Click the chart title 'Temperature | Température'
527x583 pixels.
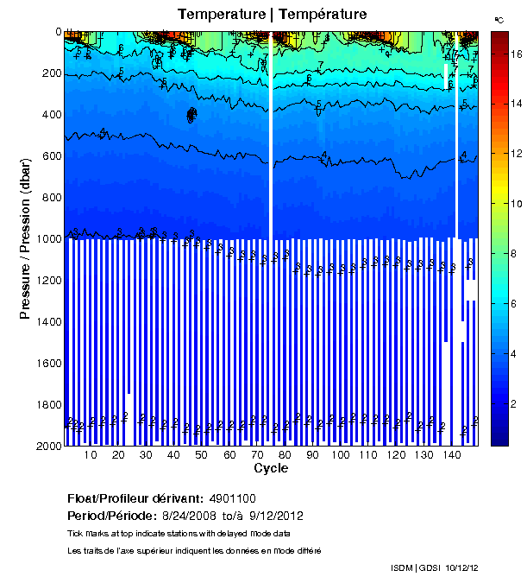[272, 14]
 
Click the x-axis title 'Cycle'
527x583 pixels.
[271, 469]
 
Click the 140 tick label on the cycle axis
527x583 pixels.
[451, 456]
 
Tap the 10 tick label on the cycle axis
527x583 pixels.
[91, 456]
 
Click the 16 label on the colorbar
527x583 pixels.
[516, 53]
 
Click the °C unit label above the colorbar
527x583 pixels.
[499, 19]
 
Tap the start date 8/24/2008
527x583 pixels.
[195, 516]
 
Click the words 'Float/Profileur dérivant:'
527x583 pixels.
[134, 498]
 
